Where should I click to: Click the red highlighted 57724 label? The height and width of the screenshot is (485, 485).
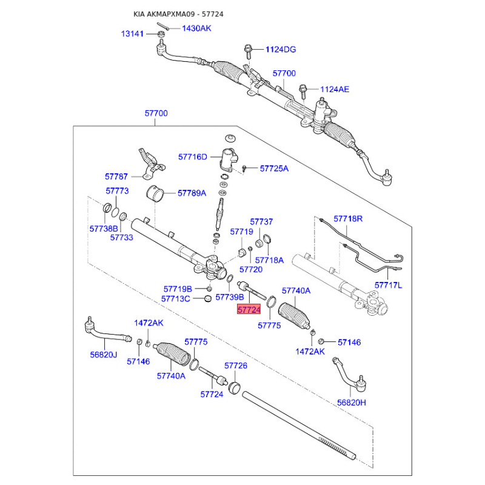(x=249, y=309)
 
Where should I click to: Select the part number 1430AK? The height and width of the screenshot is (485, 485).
(x=196, y=28)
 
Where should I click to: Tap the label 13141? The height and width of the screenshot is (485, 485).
(x=132, y=34)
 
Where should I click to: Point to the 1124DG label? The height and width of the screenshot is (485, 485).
(x=281, y=50)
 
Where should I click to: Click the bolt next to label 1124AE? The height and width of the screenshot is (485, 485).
(x=303, y=91)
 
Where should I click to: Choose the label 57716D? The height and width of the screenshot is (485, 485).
(x=192, y=157)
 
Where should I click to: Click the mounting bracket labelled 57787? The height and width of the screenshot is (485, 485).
(x=151, y=164)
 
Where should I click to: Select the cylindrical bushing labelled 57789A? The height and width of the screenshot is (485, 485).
(x=155, y=193)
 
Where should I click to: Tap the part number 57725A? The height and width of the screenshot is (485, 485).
(x=274, y=169)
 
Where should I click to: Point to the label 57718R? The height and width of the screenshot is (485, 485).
(x=348, y=219)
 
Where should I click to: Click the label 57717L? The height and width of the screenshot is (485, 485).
(x=388, y=285)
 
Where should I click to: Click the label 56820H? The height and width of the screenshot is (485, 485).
(x=352, y=403)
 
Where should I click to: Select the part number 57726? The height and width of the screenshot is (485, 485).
(x=236, y=366)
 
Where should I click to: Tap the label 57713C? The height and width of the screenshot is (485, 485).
(x=175, y=299)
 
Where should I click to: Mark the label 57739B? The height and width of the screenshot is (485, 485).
(x=230, y=297)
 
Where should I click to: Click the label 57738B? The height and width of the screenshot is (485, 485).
(x=104, y=229)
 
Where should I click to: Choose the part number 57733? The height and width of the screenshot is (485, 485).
(x=122, y=238)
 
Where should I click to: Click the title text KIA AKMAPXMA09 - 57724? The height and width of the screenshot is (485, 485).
(x=178, y=14)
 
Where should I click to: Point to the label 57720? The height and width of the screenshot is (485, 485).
(x=251, y=269)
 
